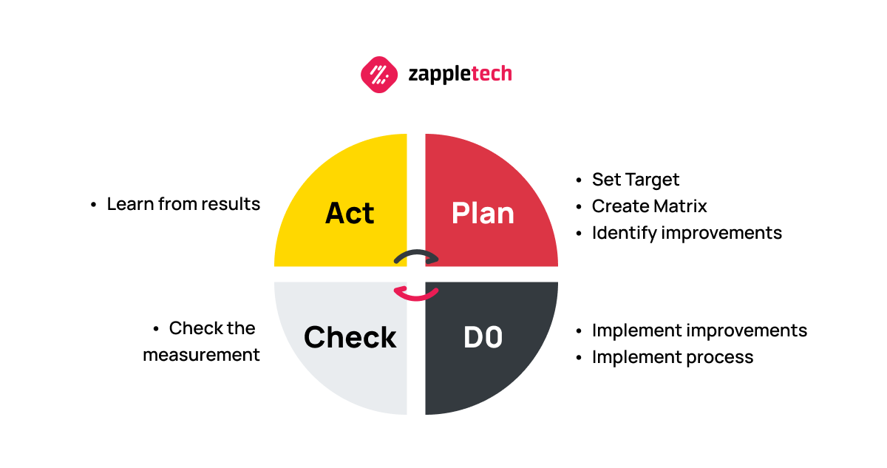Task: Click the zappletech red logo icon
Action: pos(379,74)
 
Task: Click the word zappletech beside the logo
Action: pos(460,74)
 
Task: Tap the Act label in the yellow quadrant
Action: pos(350,213)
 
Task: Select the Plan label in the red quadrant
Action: pos(483,213)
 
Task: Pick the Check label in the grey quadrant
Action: pos(350,337)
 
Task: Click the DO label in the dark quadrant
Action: pos(483,337)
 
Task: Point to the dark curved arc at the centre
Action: pos(416,256)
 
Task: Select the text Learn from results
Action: pos(183,204)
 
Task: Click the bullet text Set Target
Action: pos(635,180)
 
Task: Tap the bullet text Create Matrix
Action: pos(649,206)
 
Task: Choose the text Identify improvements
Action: pos(687,233)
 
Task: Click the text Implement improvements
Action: pos(699,330)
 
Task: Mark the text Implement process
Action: pos(672,357)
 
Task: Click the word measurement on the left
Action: pos(201,355)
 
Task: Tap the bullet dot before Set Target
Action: pos(579,180)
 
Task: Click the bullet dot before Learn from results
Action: pos(94,205)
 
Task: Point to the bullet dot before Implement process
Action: pos(579,358)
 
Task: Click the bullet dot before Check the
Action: pos(156,329)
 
